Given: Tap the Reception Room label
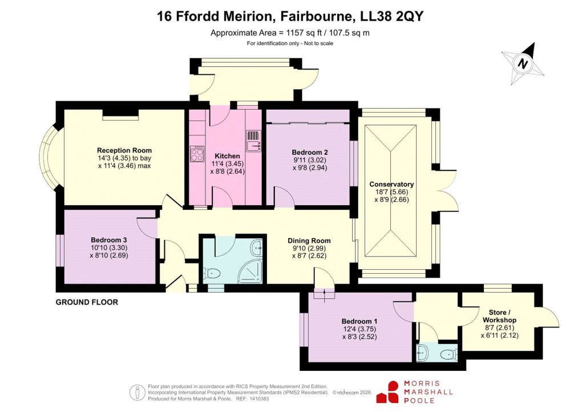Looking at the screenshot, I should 124,151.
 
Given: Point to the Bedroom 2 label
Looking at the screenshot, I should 309,153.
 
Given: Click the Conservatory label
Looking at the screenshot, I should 391,185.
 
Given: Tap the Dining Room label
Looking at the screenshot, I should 309,241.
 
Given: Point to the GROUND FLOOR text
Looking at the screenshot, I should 87,302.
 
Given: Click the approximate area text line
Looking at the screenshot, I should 290,33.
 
